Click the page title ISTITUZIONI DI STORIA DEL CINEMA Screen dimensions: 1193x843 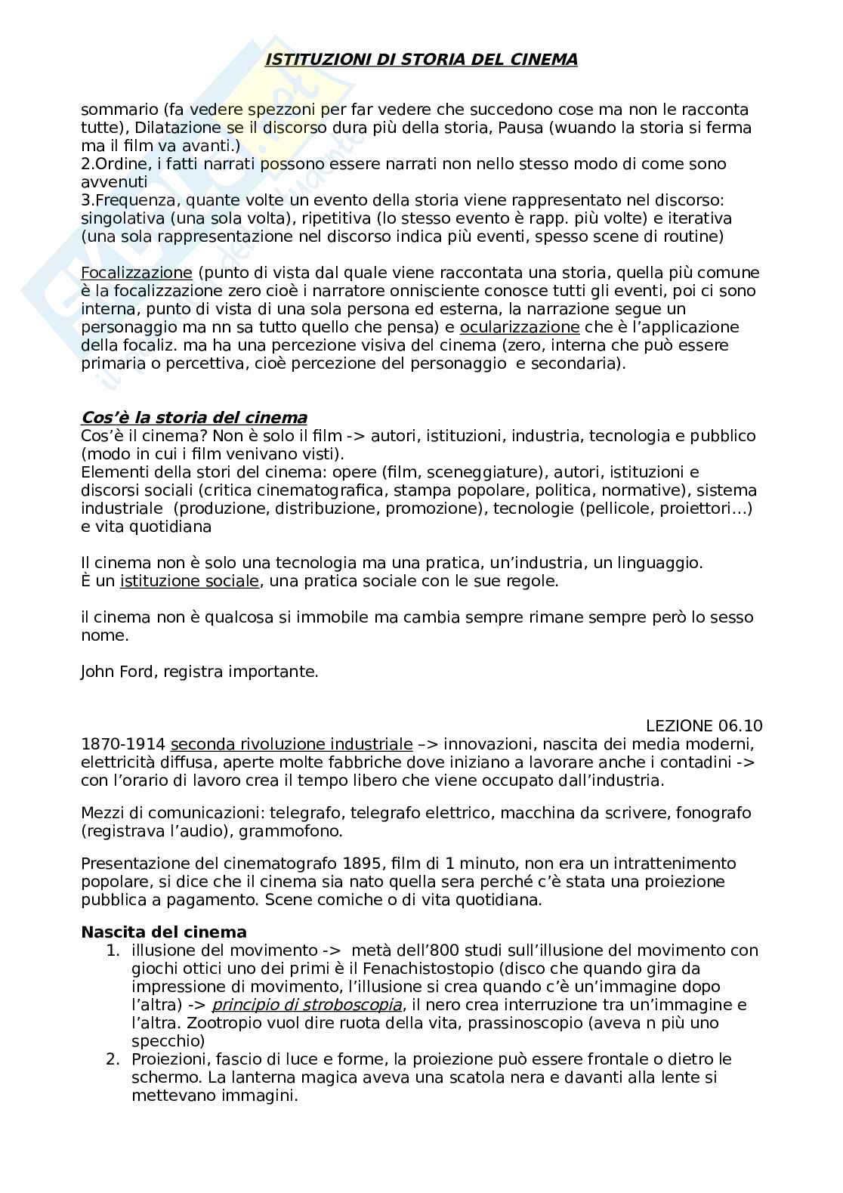click(421, 60)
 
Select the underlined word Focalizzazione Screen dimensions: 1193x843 click(137, 273)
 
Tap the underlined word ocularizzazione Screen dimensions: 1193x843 click(520, 327)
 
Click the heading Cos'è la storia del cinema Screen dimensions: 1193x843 click(194, 418)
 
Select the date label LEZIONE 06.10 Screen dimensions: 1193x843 click(704, 726)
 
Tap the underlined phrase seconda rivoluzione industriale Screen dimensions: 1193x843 click(292, 744)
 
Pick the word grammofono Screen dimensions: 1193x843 click(297, 832)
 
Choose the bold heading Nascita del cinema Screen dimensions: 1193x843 click(164, 932)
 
